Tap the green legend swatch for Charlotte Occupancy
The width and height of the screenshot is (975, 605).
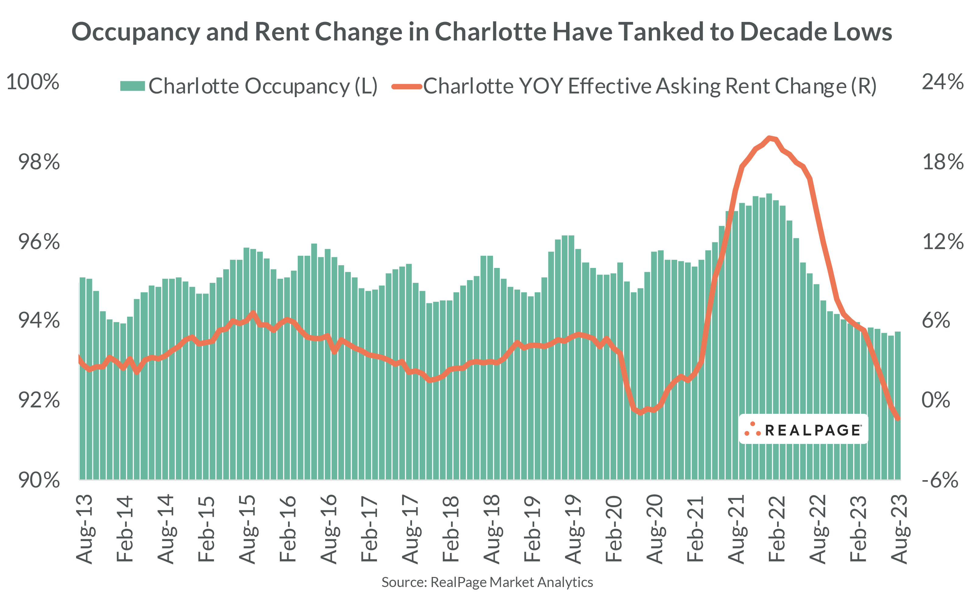coord(132,86)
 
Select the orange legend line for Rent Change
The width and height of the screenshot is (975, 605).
coord(407,86)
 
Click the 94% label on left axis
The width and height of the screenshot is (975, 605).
coord(39,321)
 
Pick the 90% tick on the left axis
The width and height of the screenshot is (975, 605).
coord(39,480)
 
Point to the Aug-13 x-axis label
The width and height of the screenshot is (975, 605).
coord(85,529)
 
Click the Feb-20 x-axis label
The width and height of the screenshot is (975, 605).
coord(614,529)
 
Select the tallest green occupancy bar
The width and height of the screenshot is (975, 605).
coord(769,336)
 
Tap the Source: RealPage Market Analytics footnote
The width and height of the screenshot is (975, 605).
coord(487,582)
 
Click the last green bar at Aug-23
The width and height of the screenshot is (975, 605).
coord(897,404)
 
